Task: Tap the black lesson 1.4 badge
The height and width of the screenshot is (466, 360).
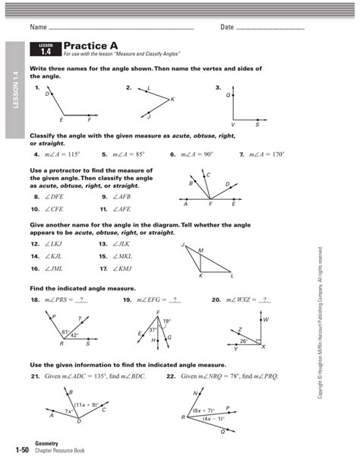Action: [x=45, y=49]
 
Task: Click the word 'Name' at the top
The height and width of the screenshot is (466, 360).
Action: [x=38, y=28]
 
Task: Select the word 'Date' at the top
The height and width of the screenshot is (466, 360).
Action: [x=227, y=28]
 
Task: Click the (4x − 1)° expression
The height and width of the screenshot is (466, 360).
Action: [x=213, y=419]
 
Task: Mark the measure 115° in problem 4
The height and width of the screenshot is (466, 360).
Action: [x=71, y=154]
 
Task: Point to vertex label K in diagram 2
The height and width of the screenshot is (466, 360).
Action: [x=172, y=100]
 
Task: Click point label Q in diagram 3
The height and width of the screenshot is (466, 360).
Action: [x=229, y=97]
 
